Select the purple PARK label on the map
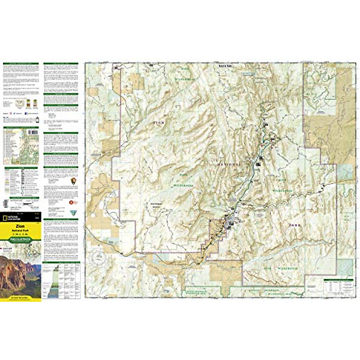coord(295,225)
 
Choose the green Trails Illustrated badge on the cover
coord(20,239)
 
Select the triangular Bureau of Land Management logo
coord(72,213)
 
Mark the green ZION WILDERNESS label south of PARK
coord(280,269)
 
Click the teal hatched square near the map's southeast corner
coord(345,267)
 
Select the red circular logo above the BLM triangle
coord(71,202)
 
